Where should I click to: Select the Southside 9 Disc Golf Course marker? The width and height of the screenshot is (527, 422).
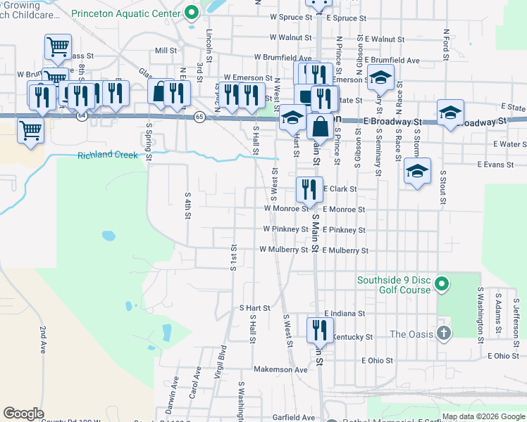(x=442, y=284)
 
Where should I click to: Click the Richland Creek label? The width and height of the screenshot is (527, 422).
(x=108, y=155)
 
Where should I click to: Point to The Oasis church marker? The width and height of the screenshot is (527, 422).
(x=443, y=333)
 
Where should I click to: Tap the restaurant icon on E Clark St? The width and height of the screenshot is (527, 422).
(x=309, y=188)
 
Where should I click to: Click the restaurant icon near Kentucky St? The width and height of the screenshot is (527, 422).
(x=320, y=329)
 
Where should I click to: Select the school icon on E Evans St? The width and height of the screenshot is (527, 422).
(x=417, y=170)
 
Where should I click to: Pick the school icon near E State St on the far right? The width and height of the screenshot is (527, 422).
(x=450, y=112)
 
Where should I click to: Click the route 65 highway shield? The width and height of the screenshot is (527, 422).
(x=200, y=117)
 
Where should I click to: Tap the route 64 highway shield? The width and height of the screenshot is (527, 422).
(x=82, y=116)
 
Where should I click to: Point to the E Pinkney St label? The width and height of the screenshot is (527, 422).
(x=345, y=230)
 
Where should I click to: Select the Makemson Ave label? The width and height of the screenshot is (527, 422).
(x=280, y=369)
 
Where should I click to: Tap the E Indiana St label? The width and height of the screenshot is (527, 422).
(x=345, y=314)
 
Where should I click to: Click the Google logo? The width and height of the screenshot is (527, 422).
(x=24, y=414)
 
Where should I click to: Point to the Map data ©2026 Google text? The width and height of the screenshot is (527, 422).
(x=483, y=416)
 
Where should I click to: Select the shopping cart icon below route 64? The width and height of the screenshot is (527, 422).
(x=30, y=129)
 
